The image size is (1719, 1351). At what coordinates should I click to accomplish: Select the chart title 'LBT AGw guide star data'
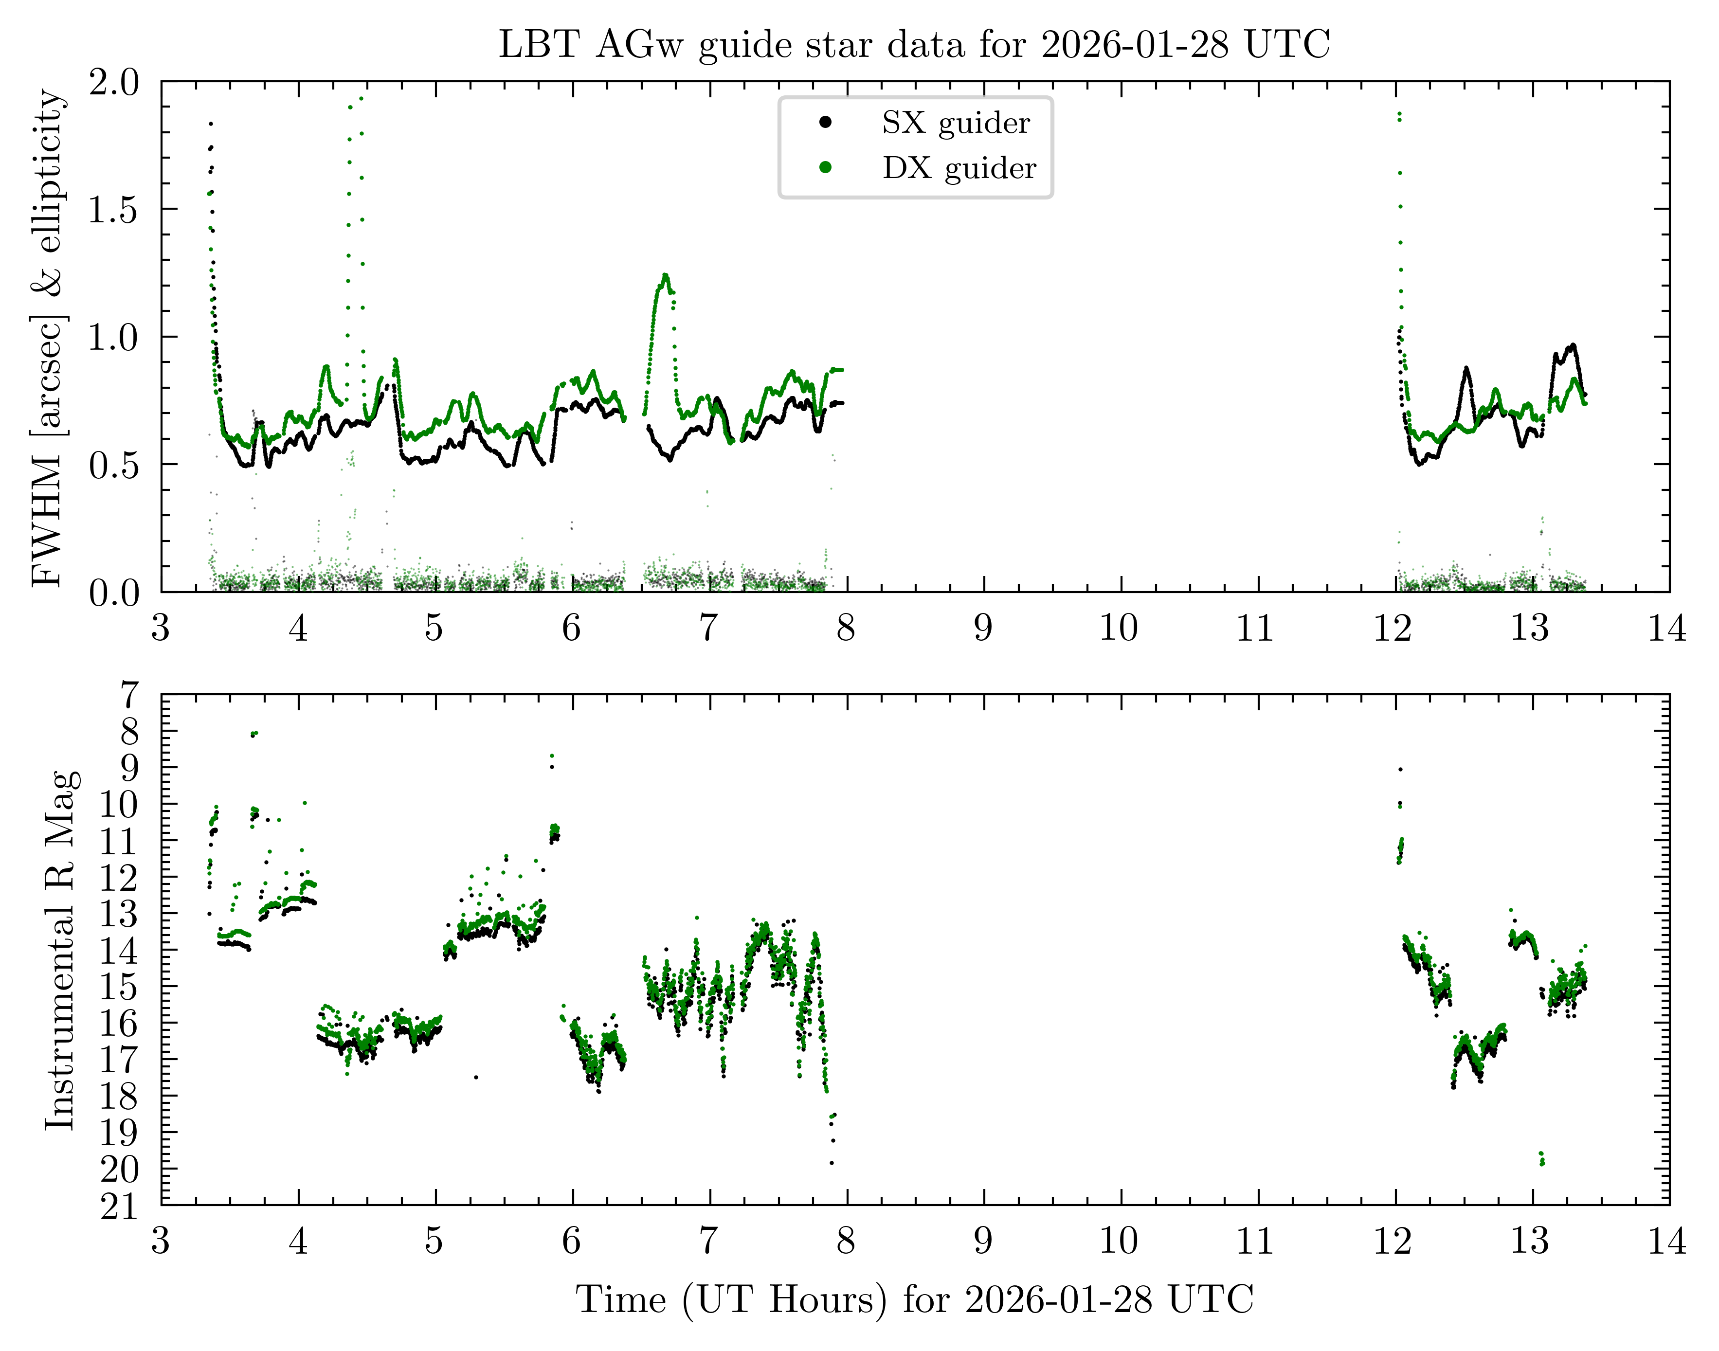tap(914, 44)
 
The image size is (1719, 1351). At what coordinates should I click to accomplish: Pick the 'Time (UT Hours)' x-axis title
tap(914, 1299)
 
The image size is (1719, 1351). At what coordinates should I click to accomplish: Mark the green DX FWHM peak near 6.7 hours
tap(665, 275)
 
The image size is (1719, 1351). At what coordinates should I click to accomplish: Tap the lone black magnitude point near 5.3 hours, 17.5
tap(475, 1077)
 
